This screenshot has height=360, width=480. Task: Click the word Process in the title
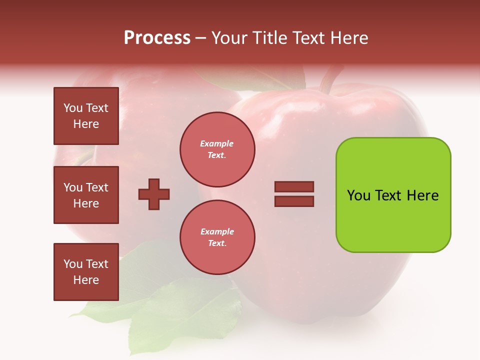(x=157, y=38)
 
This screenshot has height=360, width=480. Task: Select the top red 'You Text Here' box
(x=86, y=116)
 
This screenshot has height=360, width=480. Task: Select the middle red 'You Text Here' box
(x=86, y=195)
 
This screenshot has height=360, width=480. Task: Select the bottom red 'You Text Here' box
(x=86, y=272)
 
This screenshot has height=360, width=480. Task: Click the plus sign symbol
(x=154, y=194)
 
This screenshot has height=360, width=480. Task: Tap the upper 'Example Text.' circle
(x=217, y=149)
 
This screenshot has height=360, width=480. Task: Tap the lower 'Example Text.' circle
(x=217, y=237)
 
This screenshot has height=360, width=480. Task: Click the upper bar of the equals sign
(x=294, y=187)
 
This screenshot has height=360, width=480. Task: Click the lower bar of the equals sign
(x=294, y=201)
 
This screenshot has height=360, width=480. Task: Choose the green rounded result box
(x=393, y=220)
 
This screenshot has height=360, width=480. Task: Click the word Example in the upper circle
(x=217, y=143)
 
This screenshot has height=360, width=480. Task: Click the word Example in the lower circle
(x=217, y=231)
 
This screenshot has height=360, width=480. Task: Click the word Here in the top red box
(x=86, y=124)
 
